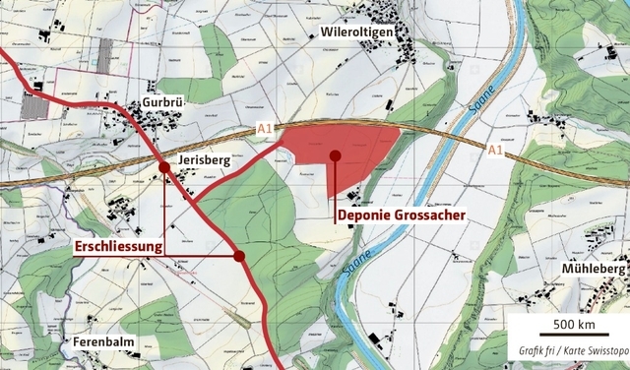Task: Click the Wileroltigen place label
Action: pyautogui.click(x=362, y=32)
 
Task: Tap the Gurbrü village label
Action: pyautogui.click(x=162, y=102)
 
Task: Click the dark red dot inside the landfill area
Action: pyautogui.click(x=336, y=155)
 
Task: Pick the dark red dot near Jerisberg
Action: pyautogui.click(x=164, y=168)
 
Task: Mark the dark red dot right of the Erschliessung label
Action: pyautogui.click(x=239, y=257)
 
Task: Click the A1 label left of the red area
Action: pyautogui.click(x=263, y=129)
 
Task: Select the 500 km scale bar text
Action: pyautogui.click(x=575, y=325)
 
